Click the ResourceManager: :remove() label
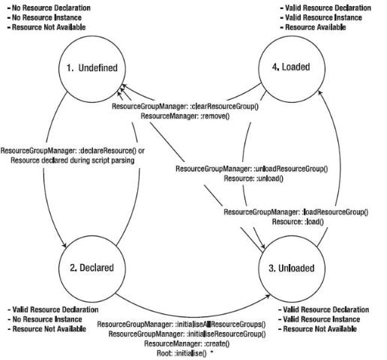click(185, 116)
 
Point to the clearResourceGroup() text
click(185, 106)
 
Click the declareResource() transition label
click(73, 151)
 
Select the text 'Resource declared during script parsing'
click(73, 160)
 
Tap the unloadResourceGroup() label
click(252, 169)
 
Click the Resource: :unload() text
click(253, 178)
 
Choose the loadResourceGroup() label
click(296, 212)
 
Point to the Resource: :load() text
click(298, 222)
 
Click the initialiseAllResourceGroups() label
click(181, 325)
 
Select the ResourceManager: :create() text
click(187, 343)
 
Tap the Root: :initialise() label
click(181, 353)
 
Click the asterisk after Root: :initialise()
click(212, 352)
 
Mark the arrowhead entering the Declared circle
click(64, 245)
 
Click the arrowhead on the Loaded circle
click(320, 93)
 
